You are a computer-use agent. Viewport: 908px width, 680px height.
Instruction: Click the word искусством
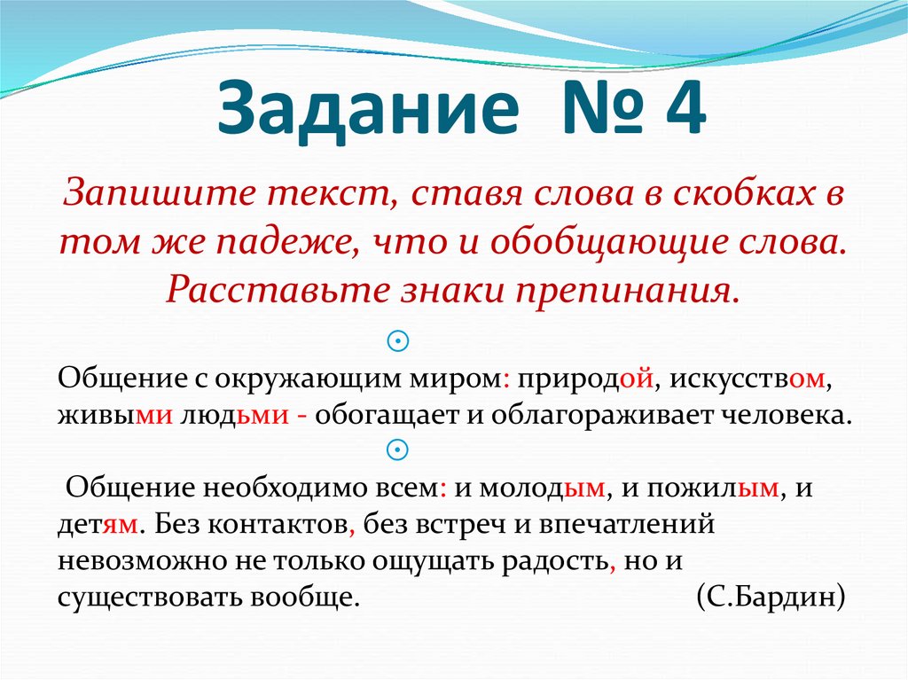tap(749, 378)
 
